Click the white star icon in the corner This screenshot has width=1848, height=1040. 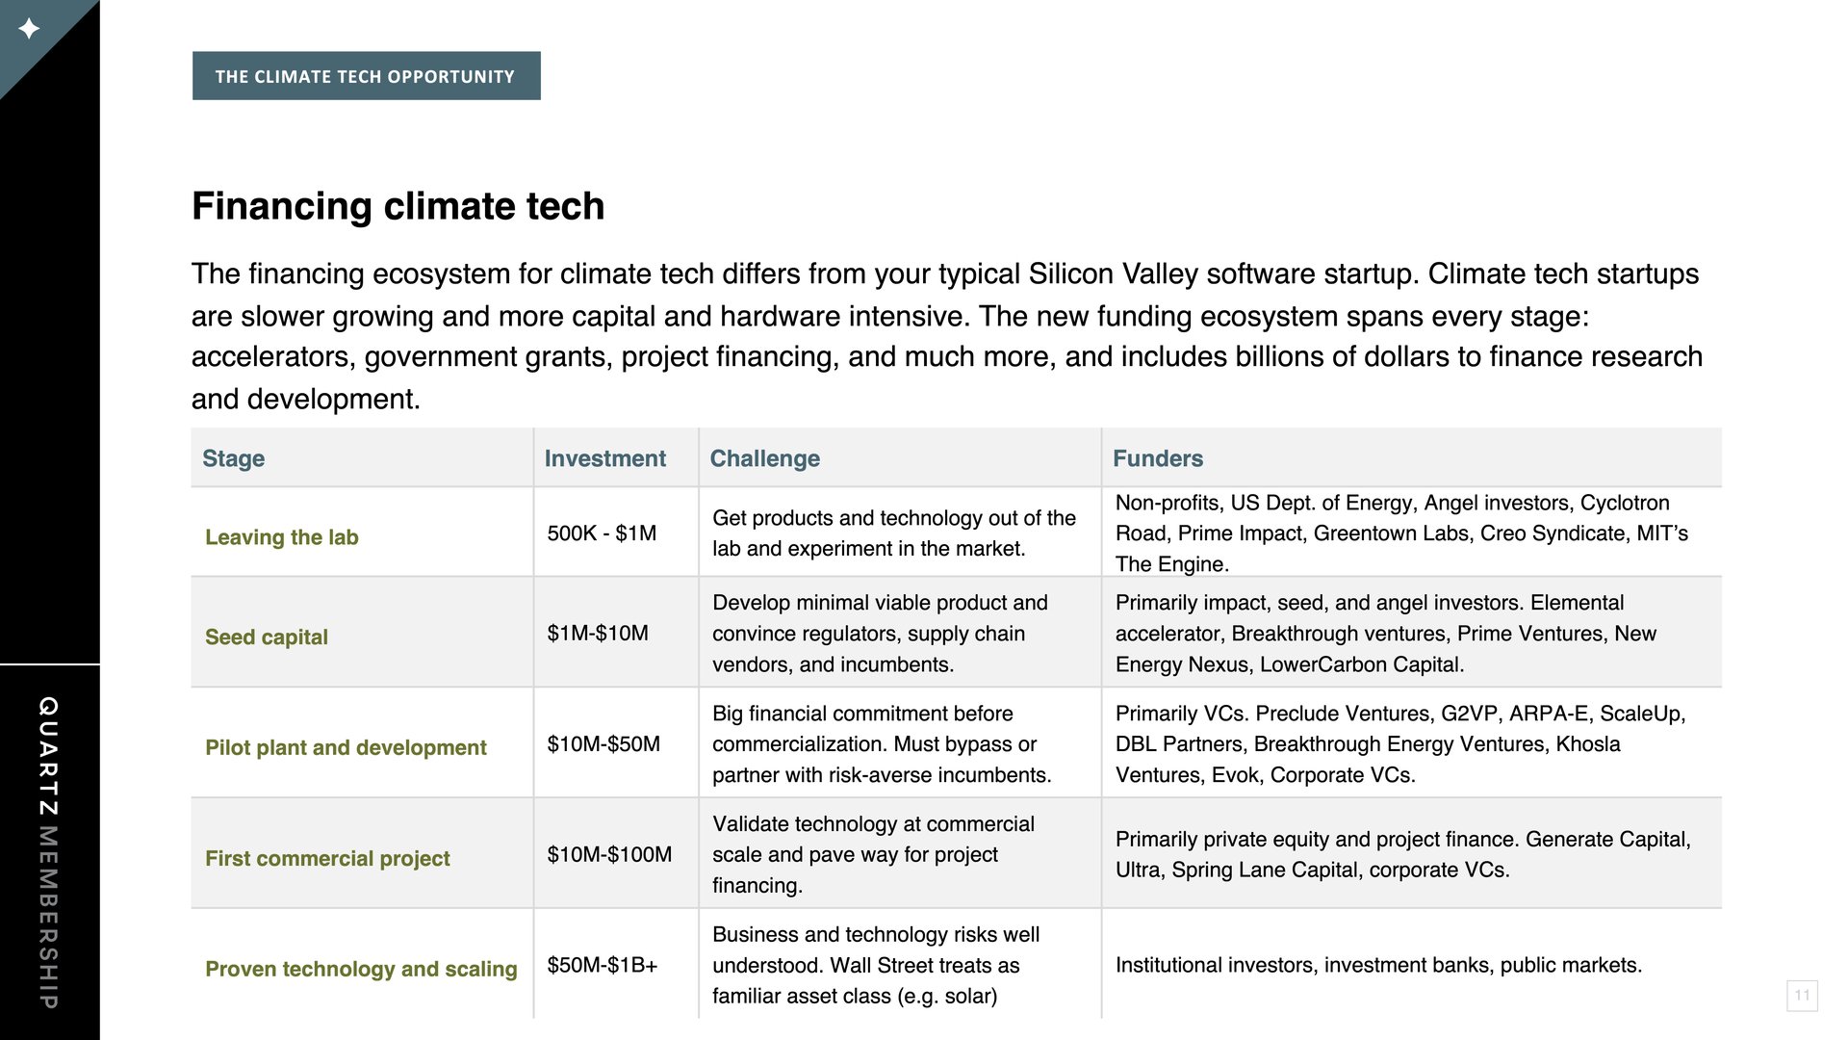coord(29,29)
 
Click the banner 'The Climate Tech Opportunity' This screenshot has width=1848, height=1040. coord(366,76)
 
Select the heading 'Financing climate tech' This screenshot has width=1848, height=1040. coord(398,206)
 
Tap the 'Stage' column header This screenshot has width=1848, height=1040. coord(233,458)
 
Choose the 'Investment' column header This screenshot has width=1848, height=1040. coord(604,458)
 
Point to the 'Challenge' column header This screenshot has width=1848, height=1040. coord(764,458)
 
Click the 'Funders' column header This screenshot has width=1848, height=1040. coord(1158,458)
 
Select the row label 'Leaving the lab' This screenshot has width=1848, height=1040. coord(281,537)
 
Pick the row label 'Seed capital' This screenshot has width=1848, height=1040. coord(266,637)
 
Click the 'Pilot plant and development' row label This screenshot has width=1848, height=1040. coord(346,747)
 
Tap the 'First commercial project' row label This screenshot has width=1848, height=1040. coord(327,858)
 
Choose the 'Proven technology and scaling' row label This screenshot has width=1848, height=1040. coord(361,969)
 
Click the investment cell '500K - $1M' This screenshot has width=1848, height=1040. coord(602,533)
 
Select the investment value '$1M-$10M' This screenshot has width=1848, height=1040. coord(598,633)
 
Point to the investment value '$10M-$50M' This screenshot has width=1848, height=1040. coord(603,743)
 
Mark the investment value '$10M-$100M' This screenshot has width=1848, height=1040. coord(609,854)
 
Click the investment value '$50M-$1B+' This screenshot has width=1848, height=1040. coord(603,965)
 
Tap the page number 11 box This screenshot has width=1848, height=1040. coord(1802,995)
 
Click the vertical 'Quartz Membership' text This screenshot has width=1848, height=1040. coord(48,852)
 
